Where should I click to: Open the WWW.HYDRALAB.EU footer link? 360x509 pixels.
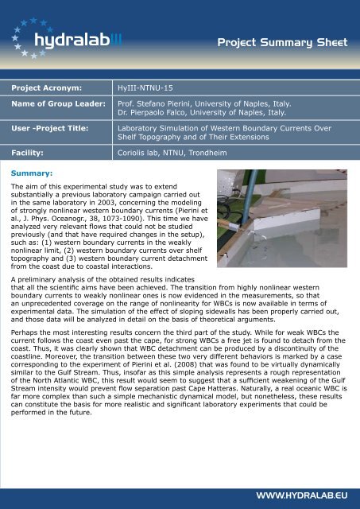tap(304, 495)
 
